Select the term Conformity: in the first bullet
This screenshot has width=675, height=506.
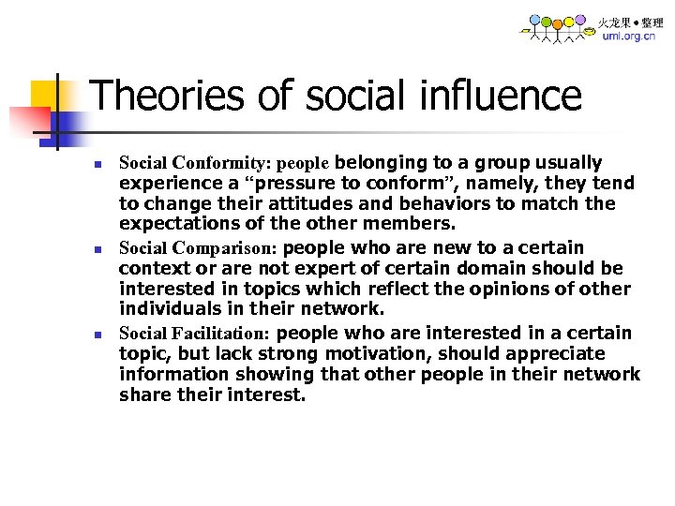(221, 163)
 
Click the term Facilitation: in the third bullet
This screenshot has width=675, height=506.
(221, 334)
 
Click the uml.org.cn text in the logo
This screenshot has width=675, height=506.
(629, 37)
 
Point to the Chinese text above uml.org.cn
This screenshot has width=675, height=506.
(630, 22)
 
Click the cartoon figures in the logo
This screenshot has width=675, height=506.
(559, 28)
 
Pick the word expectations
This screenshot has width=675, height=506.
(174, 224)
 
